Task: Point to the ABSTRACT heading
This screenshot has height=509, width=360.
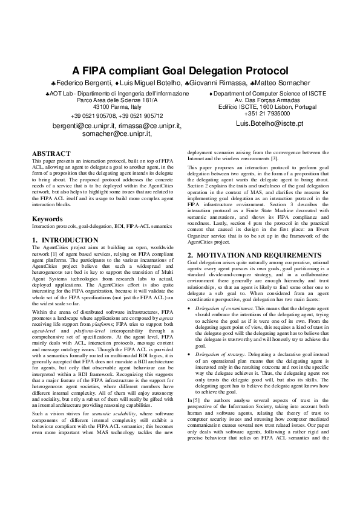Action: click(x=51, y=154)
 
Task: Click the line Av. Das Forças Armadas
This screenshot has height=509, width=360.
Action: click(x=263, y=100)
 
